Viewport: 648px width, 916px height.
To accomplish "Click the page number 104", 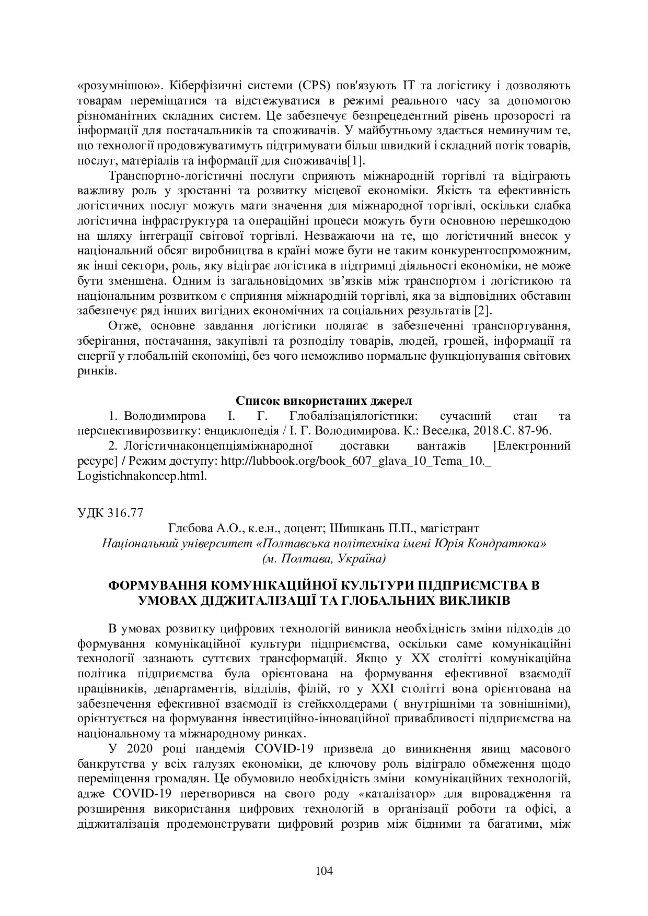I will [x=324, y=871].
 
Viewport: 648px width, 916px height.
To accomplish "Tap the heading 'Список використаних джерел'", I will [x=323, y=401].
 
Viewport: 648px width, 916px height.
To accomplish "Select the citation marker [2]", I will [x=482, y=312].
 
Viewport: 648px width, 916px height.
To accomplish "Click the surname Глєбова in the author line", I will [x=189, y=529].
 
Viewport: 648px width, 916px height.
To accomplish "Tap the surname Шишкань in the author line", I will [x=350, y=529].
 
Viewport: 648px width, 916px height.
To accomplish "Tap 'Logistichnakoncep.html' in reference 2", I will [x=141, y=476].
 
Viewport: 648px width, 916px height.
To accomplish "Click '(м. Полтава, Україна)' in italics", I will [x=323, y=559].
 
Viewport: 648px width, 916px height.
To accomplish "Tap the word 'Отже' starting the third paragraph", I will [x=125, y=327].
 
